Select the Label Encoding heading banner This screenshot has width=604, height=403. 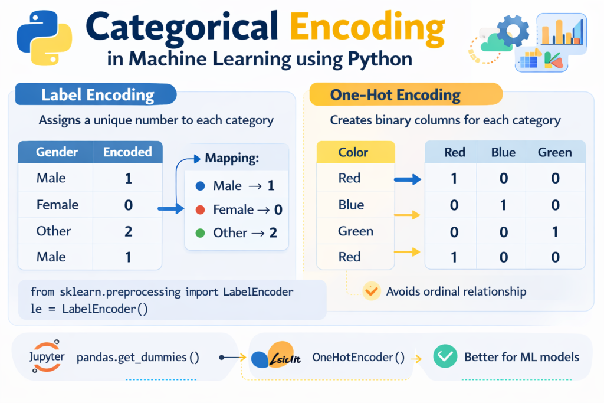tap(97, 95)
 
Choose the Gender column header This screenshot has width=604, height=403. tap(57, 152)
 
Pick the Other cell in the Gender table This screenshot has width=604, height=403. tap(54, 231)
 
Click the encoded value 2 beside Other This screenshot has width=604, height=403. tap(128, 231)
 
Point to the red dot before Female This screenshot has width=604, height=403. tap(200, 209)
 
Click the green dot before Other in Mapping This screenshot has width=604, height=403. tap(200, 233)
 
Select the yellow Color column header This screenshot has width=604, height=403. tap(353, 152)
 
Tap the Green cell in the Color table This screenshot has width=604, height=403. tap(356, 231)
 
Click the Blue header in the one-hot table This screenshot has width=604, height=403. tap(504, 152)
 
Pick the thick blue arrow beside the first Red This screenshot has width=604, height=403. tap(408, 178)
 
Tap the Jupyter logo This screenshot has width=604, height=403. tap(46, 356)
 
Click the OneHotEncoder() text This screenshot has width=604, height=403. tap(358, 357)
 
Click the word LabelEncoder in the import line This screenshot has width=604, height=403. tap(258, 292)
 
